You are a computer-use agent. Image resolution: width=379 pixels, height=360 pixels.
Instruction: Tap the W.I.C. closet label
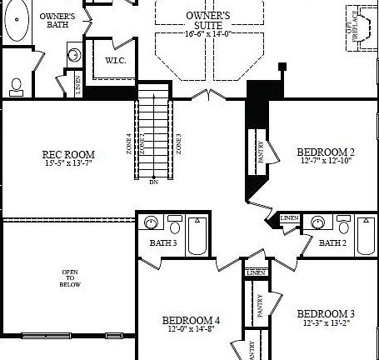click(x=115, y=61)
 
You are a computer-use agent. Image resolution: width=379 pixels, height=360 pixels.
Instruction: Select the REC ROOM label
click(x=68, y=154)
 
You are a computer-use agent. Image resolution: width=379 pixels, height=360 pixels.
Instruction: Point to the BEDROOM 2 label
click(x=326, y=152)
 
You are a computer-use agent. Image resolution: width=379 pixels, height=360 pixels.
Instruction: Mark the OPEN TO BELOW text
click(x=70, y=278)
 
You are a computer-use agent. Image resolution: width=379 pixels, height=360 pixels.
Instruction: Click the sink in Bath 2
click(x=316, y=222)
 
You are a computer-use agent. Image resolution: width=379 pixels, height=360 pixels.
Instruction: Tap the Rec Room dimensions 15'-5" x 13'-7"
click(x=68, y=163)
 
